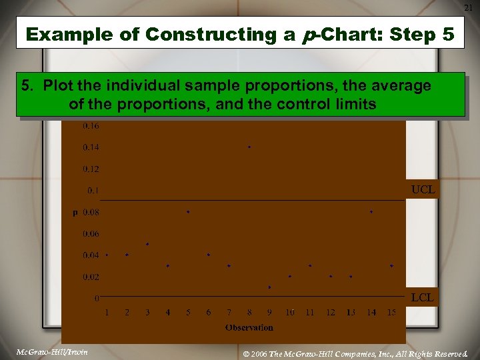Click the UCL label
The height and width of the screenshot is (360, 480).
point(423,190)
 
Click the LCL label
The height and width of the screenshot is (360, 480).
point(423,297)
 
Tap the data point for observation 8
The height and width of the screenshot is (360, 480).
point(249,147)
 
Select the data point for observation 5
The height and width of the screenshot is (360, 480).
point(188,212)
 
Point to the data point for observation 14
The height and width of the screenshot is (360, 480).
point(371,212)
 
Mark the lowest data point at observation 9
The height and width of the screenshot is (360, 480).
point(269,287)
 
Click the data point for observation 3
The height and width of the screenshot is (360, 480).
point(147,244)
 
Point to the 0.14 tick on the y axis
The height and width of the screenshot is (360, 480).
point(91,147)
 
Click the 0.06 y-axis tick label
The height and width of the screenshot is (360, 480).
point(91,234)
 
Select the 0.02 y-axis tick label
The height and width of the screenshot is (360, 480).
point(91,277)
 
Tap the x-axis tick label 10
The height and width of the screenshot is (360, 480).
point(290,313)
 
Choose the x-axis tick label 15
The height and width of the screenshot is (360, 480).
point(391,313)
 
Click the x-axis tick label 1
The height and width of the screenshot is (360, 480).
point(107,313)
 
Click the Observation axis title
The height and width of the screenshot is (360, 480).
point(249,327)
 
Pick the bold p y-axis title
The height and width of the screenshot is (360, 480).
point(75,213)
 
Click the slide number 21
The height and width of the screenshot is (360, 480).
point(469,7)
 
